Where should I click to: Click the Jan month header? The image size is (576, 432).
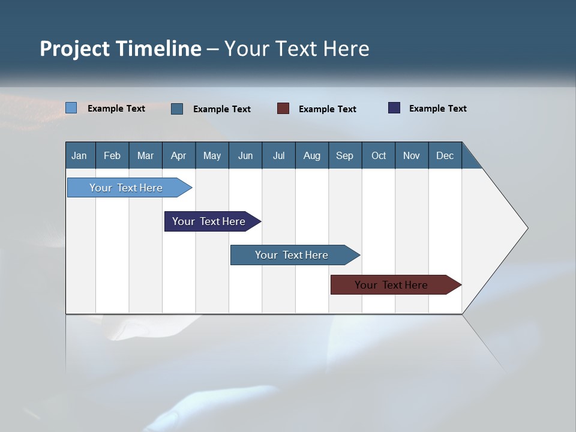(79, 155)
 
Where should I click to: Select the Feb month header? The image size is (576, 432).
(112, 155)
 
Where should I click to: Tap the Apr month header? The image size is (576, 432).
(178, 155)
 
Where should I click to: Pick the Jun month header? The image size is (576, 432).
(245, 155)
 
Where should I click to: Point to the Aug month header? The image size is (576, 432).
(311, 155)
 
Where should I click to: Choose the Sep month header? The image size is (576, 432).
(344, 155)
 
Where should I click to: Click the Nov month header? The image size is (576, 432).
(411, 155)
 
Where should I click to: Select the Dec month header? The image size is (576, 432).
(445, 155)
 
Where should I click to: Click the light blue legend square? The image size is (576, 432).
(71, 108)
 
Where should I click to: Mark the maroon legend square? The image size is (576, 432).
(283, 109)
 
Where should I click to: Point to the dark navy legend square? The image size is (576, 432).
(394, 108)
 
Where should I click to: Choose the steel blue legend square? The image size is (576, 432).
(177, 109)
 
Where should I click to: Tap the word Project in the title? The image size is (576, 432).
(74, 49)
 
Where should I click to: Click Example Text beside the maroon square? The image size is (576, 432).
(327, 109)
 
